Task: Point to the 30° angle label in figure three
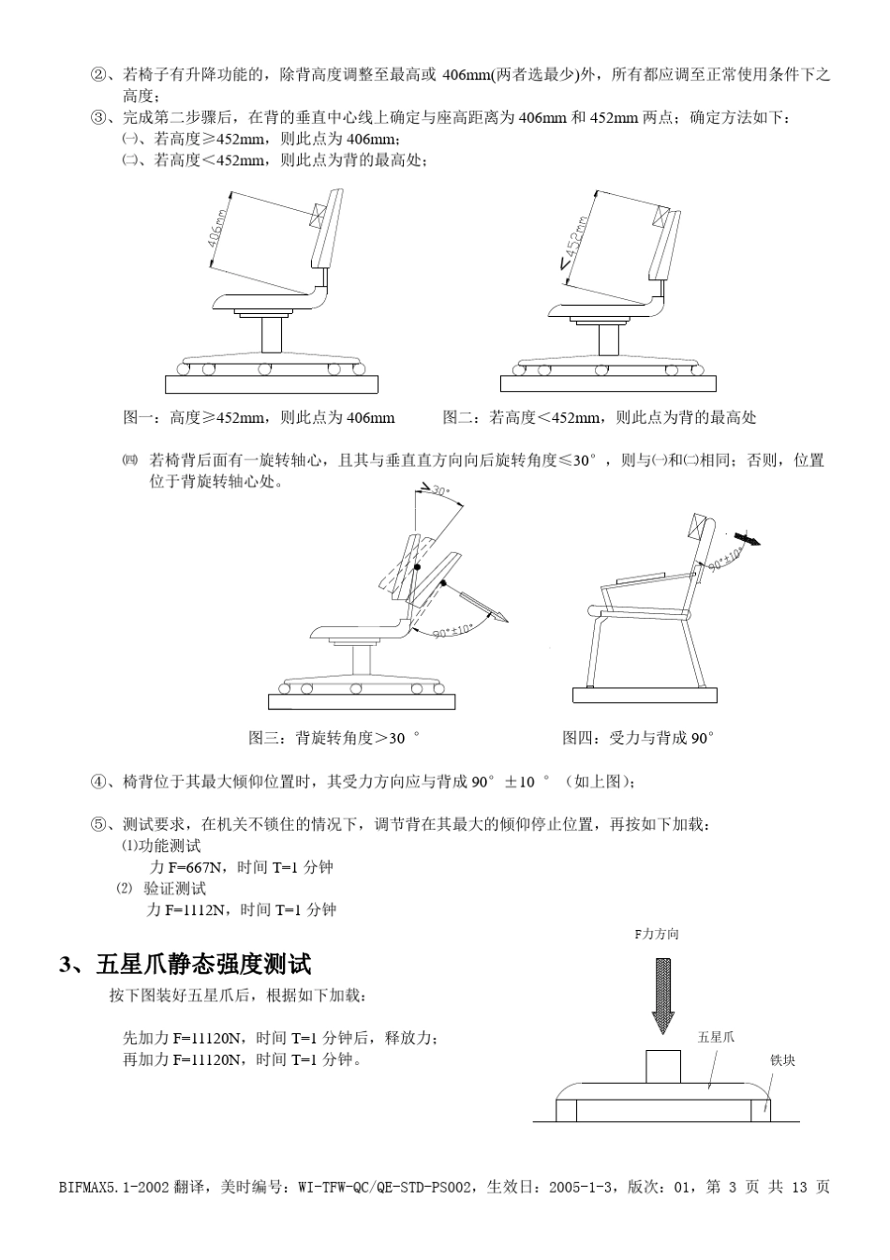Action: (438, 490)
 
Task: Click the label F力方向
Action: (657, 935)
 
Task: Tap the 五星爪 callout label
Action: (717, 1037)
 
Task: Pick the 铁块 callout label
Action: (782, 1060)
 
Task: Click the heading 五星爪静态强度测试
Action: (202, 964)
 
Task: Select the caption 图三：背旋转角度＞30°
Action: (334, 738)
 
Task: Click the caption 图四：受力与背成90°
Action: (638, 738)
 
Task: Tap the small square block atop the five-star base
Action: (664, 1066)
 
